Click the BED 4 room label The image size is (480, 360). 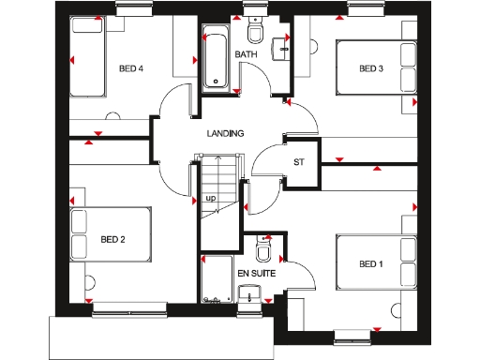131,68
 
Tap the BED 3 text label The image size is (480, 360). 371,68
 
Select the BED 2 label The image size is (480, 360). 112,239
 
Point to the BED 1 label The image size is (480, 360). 371,265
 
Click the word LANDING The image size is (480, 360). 225,134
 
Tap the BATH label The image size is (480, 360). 246,55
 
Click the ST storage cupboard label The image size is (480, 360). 300,162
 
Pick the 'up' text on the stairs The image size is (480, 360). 211,199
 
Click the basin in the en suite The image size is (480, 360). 250,297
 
